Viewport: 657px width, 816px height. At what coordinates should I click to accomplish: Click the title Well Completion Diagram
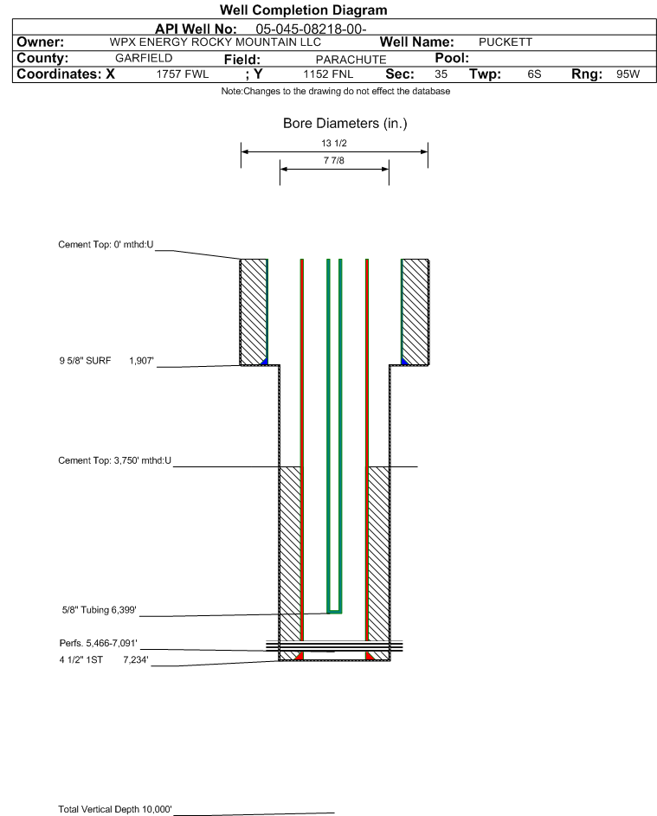tap(304, 10)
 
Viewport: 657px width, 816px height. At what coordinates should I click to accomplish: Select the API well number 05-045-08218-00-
tap(311, 29)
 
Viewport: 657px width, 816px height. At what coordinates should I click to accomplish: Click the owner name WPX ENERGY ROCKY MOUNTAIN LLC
tap(215, 42)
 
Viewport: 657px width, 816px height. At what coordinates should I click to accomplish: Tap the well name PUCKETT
tap(506, 42)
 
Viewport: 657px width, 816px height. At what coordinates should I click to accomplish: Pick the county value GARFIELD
tap(144, 58)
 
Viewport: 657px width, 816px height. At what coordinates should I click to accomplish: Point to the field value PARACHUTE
tap(351, 60)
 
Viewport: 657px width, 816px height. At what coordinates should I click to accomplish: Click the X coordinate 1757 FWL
tap(182, 74)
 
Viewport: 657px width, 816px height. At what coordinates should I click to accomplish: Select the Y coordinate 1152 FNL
tap(328, 74)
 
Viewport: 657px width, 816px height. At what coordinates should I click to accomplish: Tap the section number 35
tap(441, 74)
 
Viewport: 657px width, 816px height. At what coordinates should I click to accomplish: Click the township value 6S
tap(534, 74)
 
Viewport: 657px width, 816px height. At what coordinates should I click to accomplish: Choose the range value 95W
tap(628, 74)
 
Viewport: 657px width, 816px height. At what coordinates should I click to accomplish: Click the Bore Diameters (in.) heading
tap(345, 124)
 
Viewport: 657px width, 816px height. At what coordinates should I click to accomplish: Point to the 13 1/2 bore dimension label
tap(334, 143)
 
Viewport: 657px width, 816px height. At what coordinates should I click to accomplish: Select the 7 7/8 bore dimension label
tap(334, 160)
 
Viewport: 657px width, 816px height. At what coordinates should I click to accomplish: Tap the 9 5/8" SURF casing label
tap(85, 361)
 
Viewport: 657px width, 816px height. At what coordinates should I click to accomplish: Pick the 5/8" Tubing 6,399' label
tap(99, 610)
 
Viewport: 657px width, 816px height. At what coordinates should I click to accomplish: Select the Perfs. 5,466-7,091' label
tap(99, 643)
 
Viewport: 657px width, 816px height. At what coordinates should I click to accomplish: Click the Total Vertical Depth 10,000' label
tap(115, 809)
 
